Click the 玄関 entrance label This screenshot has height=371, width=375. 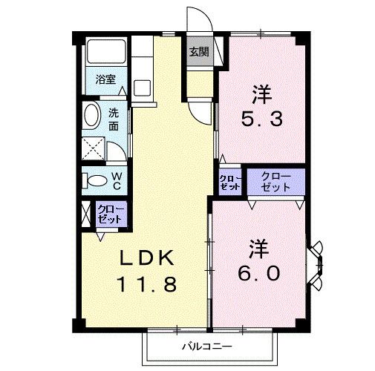(x=198, y=52)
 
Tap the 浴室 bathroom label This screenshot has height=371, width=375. (x=105, y=79)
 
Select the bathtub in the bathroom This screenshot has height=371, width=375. (x=106, y=53)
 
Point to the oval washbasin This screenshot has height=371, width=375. (x=92, y=116)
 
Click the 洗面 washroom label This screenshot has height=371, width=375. (x=113, y=120)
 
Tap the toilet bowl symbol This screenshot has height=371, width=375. (x=94, y=180)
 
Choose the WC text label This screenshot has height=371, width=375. (x=117, y=179)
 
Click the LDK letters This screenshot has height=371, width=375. (x=149, y=258)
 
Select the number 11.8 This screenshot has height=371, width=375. (x=147, y=284)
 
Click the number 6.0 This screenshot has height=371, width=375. (x=260, y=273)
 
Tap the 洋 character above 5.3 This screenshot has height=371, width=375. (x=260, y=94)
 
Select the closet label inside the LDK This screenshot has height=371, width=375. (x=111, y=215)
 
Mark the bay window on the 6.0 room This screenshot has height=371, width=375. (x=317, y=264)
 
